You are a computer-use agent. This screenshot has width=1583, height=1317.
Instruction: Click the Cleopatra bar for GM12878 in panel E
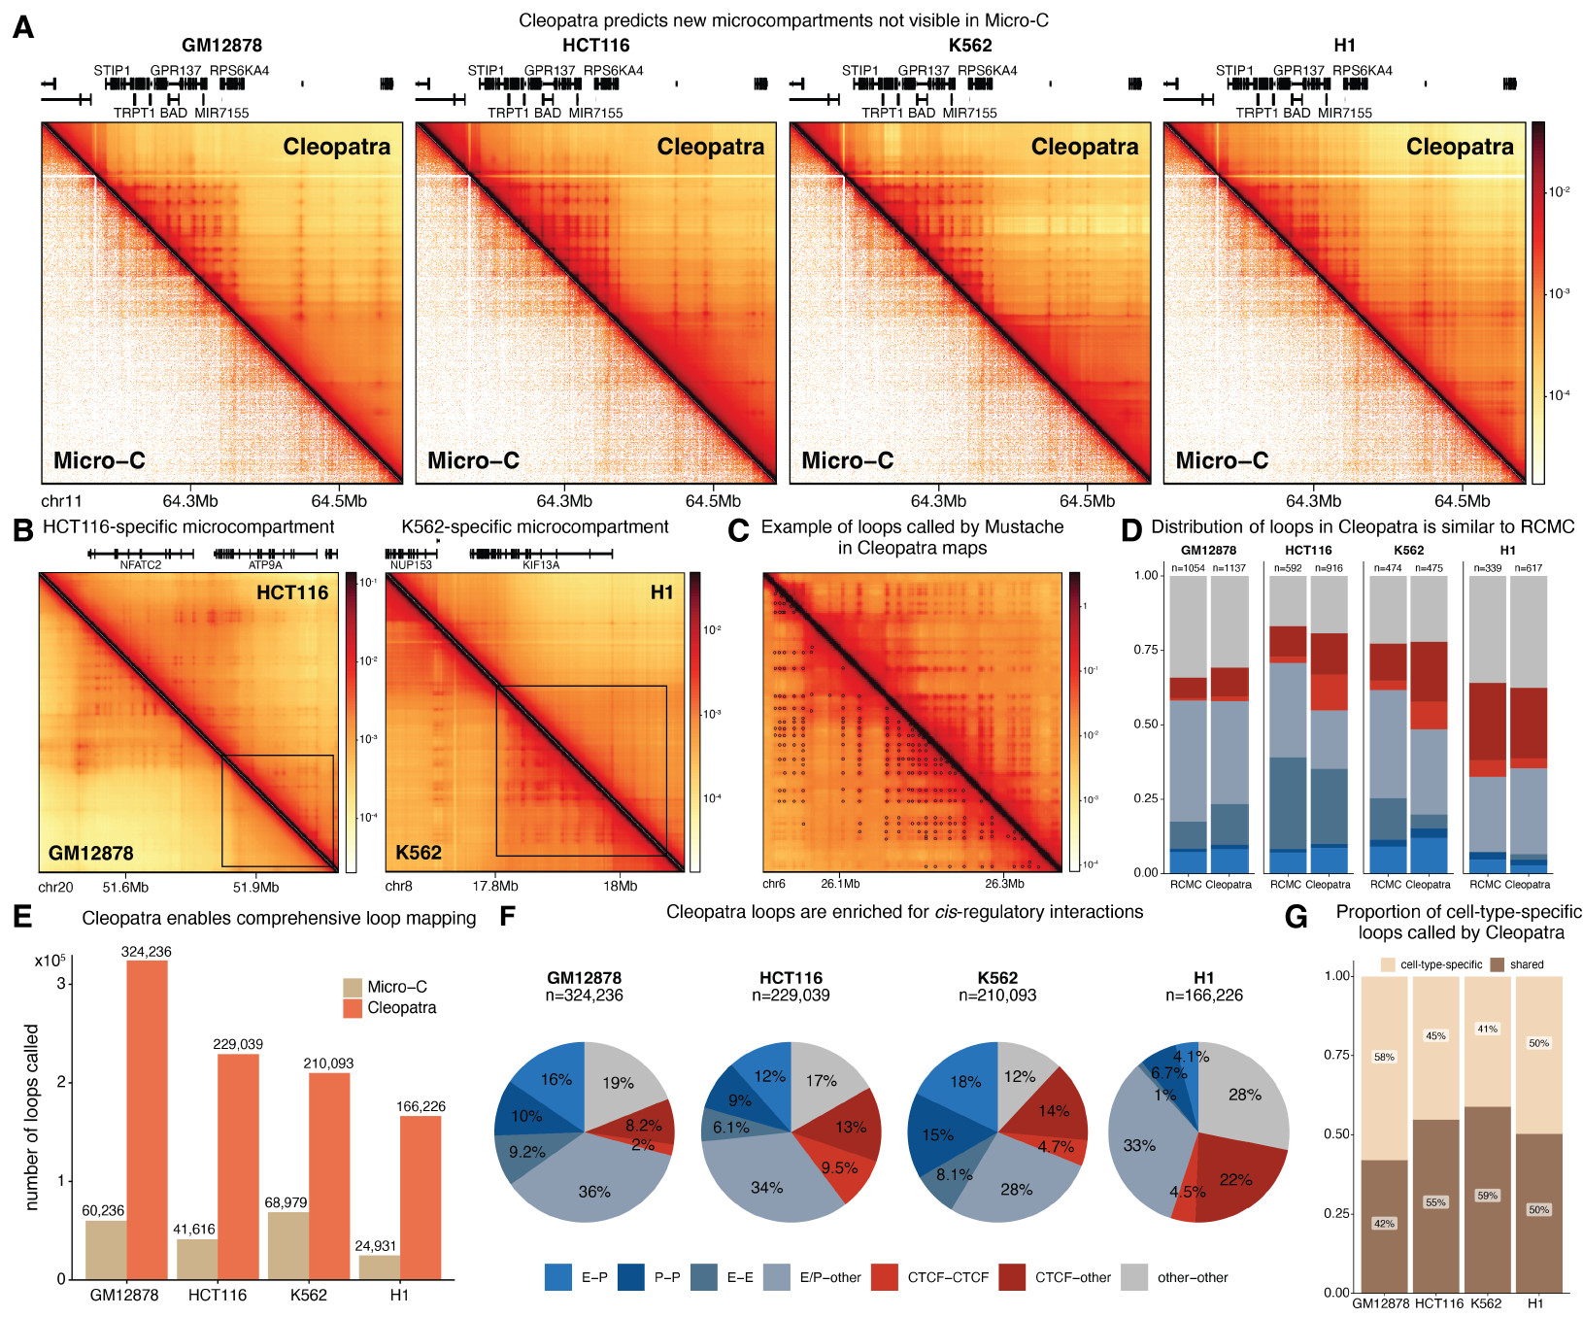pos(147,1117)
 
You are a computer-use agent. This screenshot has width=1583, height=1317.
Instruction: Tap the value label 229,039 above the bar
pos(238,1044)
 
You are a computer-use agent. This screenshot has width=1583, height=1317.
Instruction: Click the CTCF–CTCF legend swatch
pos(885,1277)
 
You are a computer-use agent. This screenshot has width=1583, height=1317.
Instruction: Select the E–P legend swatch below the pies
pos(558,1277)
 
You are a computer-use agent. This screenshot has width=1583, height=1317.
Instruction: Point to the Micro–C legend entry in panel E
pos(354,987)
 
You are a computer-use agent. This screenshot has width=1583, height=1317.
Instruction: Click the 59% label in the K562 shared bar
pos(1487,1196)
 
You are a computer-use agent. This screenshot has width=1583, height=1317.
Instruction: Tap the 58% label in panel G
pos(1384,1057)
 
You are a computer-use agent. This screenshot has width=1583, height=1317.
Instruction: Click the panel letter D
pos(1130,530)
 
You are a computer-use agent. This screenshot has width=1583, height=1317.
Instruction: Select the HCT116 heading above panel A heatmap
pos(595,45)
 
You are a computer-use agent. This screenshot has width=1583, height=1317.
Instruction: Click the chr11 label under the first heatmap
pos(61,501)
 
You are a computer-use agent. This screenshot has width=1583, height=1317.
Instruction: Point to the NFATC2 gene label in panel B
pos(140,564)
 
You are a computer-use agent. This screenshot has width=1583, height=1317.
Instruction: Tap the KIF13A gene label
pos(541,564)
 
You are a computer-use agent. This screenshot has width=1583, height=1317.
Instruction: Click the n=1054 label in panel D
pos(1188,568)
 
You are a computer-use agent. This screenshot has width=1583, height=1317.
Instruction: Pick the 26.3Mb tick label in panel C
pos(1004,883)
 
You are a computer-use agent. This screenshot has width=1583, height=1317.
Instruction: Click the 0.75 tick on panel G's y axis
pos(1337,1055)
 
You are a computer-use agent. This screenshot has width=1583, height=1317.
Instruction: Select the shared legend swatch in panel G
pos(1497,964)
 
